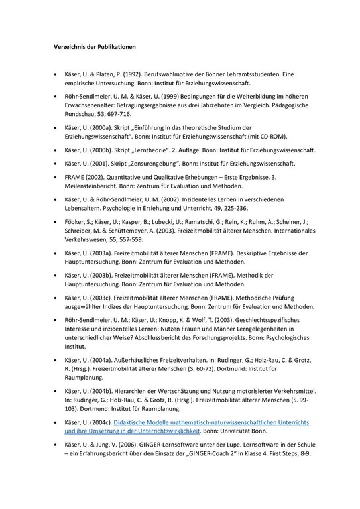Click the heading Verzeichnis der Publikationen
point(93,48)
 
